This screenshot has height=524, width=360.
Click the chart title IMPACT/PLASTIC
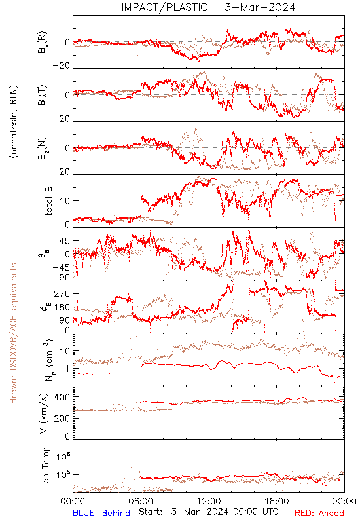click(164, 7)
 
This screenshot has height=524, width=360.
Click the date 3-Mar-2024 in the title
click(260, 7)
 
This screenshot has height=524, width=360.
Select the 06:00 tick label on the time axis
click(141, 501)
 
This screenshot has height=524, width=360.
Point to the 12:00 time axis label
click(209, 501)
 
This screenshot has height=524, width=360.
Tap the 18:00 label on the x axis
click(277, 501)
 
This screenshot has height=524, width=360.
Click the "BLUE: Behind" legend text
click(101, 513)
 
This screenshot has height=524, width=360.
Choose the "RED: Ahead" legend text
click(319, 513)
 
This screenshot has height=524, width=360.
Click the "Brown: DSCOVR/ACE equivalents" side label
click(13, 333)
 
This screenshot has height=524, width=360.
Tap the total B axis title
click(48, 200)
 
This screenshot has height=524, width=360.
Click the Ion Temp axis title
click(45, 466)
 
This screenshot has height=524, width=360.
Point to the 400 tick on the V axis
click(62, 397)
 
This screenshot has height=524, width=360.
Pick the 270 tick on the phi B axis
click(62, 293)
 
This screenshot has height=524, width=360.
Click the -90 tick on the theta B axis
click(62, 277)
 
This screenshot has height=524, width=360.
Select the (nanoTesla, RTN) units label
click(14, 122)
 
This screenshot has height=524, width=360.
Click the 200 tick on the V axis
click(62, 418)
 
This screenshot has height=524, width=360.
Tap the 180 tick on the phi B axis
click(62, 307)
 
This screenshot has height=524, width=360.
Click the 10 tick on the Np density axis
click(65, 351)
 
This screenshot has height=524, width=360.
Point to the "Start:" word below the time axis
click(151, 512)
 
